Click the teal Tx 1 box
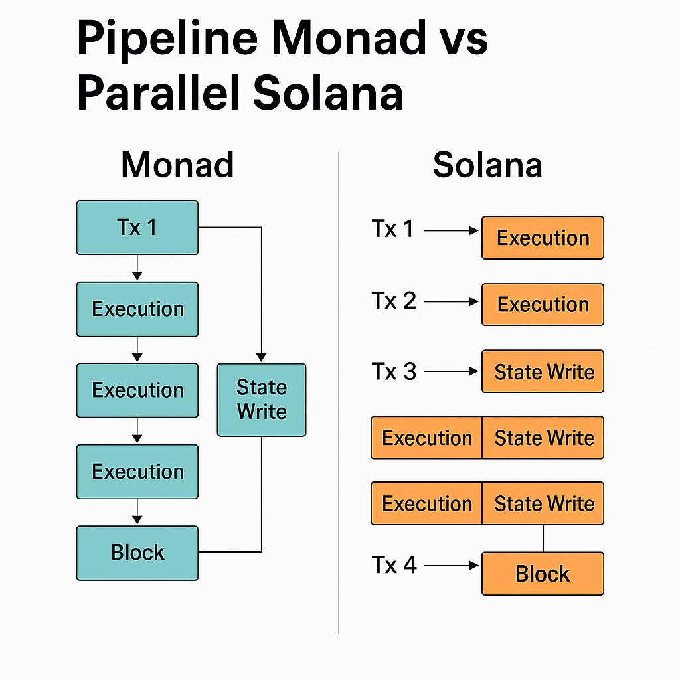pyautogui.click(x=137, y=228)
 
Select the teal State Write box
pyautogui.click(x=262, y=400)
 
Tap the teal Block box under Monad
pyautogui.click(x=137, y=552)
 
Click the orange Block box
pyautogui.click(x=543, y=574)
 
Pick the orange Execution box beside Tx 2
pyautogui.click(x=543, y=304)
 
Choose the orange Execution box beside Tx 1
pyautogui.click(x=543, y=238)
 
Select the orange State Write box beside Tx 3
pyautogui.click(x=543, y=371)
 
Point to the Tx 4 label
pyautogui.click(x=394, y=565)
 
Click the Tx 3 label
pyautogui.click(x=394, y=371)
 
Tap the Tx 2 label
pyautogui.click(x=394, y=301)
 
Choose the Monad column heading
pyautogui.click(x=177, y=165)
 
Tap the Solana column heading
pyautogui.click(x=487, y=165)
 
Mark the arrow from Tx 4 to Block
pyautogui.click(x=452, y=566)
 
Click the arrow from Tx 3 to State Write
pyautogui.click(x=452, y=372)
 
